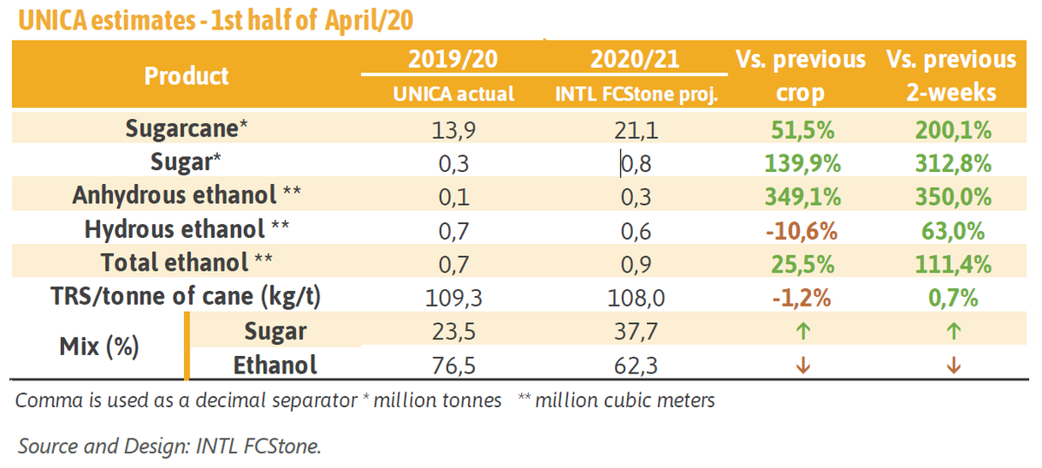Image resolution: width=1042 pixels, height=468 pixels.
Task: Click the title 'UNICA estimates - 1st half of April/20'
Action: coord(216,19)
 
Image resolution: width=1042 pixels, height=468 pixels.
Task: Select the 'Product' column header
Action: coord(187,76)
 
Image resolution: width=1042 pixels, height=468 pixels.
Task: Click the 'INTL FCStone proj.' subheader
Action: coord(636,93)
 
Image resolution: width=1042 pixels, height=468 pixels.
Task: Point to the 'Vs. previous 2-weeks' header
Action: coord(951,76)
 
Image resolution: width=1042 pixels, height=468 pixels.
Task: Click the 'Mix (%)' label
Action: coord(99,347)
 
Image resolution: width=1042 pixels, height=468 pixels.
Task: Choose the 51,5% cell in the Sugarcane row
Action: coord(802,131)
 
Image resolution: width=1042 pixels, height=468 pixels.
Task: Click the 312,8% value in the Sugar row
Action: coord(952,164)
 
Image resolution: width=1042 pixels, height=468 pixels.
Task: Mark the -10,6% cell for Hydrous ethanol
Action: coord(802,230)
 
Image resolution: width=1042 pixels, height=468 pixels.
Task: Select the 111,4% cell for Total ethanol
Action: coord(952,264)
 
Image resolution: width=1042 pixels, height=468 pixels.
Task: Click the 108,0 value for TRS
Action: coord(636,298)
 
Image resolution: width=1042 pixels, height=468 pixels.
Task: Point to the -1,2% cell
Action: coord(802,298)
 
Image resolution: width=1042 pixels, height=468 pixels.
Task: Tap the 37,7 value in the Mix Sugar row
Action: coord(636,331)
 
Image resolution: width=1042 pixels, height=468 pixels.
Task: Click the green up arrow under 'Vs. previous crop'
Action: coord(802,331)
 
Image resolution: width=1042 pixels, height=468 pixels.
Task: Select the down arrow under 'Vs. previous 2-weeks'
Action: coord(952,366)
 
